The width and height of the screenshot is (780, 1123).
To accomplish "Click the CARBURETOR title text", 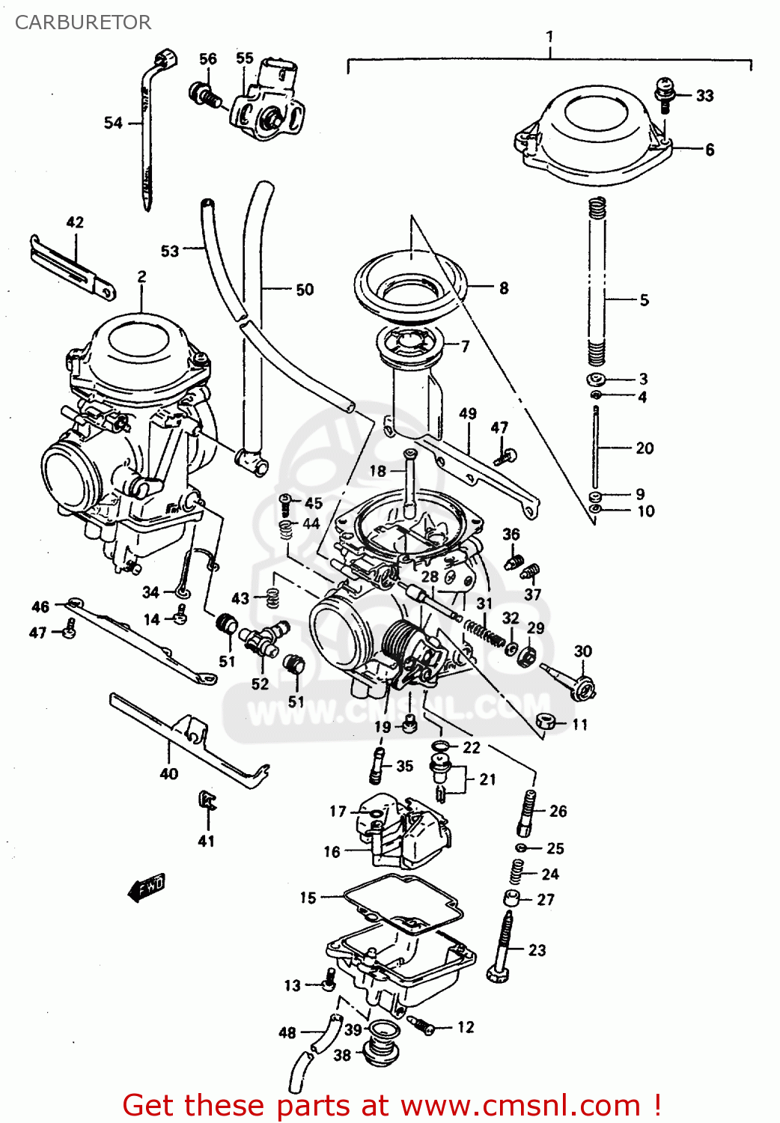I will coord(82,22).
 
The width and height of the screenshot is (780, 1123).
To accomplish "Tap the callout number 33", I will coord(704,96).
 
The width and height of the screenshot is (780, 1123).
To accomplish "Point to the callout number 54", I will coord(113,123).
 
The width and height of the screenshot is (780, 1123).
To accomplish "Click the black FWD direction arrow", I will coord(147,887).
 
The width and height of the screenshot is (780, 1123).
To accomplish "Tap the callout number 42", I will coord(75,222).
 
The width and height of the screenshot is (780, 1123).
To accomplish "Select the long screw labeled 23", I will coord(502,947).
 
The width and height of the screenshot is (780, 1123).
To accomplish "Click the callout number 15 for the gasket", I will coord(308,898).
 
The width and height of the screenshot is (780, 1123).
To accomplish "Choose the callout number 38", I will coord(342,1055).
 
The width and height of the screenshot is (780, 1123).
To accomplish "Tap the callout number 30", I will coord(582,651).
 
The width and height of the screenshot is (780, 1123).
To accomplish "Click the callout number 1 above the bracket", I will coord(549,36).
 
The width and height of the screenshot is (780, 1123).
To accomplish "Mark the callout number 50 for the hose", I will coord(305,290).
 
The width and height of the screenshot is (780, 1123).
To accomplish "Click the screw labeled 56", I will coord(204,95).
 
